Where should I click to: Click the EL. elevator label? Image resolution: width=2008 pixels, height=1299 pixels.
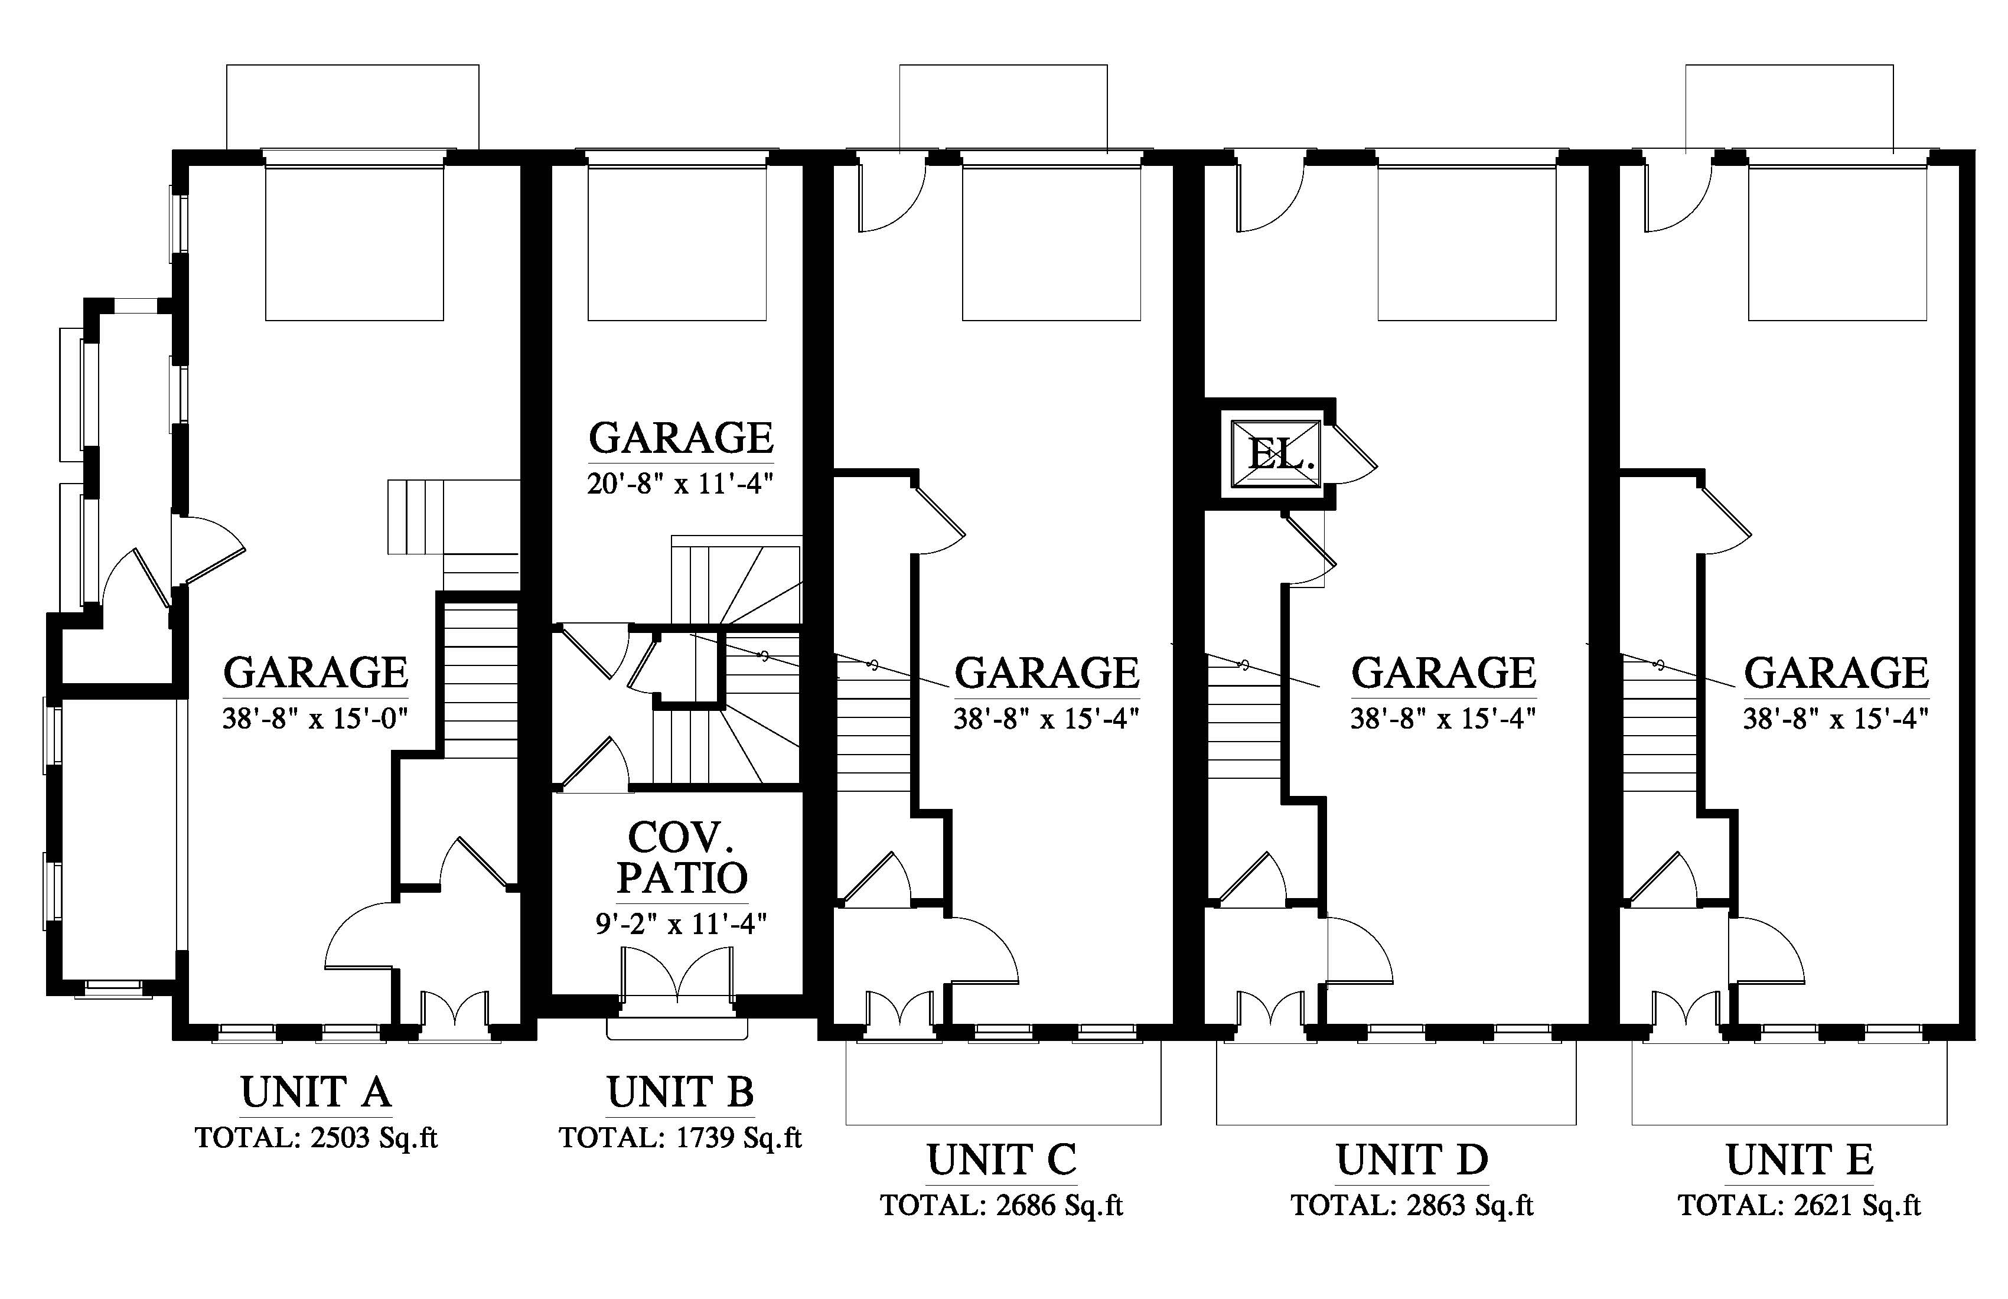pyautogui.click(x=1281, y=455)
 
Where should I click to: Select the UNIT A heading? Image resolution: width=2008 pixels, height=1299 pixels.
pyautogui.click(x=315, y=1092)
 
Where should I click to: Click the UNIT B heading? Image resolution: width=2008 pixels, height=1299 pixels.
pyautogui.click(x=680, y=1092)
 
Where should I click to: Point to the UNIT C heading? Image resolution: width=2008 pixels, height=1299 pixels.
pyautogui.click(x=1002, y=1159)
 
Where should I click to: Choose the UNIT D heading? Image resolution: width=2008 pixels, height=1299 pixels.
pyautogui.click(x=1412, y=1159)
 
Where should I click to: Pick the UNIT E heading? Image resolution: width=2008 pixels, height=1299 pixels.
pyautogui.click(x=1800, y=1159)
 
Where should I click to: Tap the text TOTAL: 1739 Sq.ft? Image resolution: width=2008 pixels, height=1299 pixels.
pyautogui.click(x=680, y=1138)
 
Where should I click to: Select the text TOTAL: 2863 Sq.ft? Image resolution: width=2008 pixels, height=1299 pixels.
pyautogui.click(x=1412, y=1205)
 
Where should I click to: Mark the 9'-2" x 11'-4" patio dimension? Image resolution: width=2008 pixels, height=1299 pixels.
pyautogui.click(x=682, y=925)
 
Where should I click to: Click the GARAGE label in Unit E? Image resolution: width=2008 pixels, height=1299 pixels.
pyautogui.click(x=1837, y=673)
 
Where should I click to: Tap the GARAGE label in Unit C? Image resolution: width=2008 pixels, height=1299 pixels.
pyautogui.click(x=1047, y=673)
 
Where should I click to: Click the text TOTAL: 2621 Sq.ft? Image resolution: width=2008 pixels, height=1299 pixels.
pyautogui.click(x=1800, y=1205)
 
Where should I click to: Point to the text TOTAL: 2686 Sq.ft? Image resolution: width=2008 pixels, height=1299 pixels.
pyautogui.click(x=1002, y=1205)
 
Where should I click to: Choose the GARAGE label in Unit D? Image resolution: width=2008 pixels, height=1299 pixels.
pyautogui.click(x=1443, y=673)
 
